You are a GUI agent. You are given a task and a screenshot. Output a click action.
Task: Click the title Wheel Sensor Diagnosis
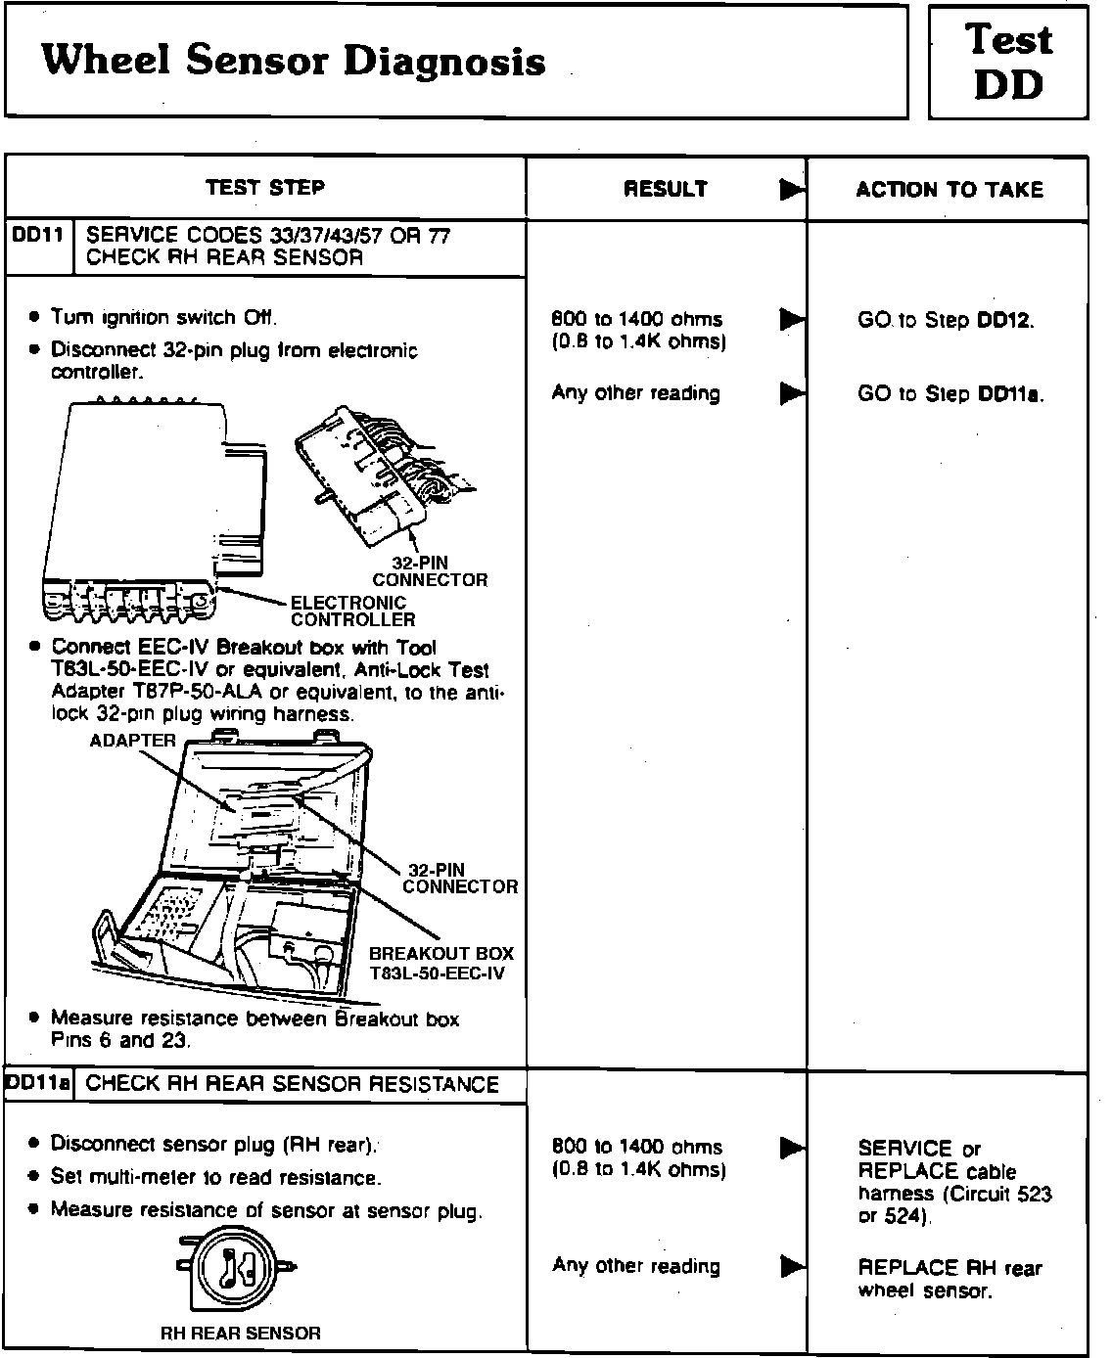(293, 61)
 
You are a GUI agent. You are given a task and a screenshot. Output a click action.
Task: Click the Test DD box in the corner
(1008, 62)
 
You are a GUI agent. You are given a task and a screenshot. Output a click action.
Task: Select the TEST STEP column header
(265, 187)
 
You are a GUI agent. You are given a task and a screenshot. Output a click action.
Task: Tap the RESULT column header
(666, 189)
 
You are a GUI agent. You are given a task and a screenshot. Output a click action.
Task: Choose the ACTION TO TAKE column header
(950, 189)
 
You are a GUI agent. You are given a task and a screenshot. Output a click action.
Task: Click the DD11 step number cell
(39, 236)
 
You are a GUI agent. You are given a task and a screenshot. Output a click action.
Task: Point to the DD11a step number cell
(39, 1084)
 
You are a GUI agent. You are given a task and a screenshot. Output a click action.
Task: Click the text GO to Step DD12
(946, 320)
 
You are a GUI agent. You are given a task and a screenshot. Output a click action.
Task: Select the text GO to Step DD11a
(950, 394)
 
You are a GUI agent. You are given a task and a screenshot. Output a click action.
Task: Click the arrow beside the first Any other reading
(792, 393)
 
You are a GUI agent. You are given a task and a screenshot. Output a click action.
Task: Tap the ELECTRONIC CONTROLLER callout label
(352, 611)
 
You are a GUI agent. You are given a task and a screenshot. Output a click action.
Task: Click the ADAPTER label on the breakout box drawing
(132, 741)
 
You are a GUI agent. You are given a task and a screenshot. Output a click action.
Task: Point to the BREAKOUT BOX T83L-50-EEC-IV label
(440, 963)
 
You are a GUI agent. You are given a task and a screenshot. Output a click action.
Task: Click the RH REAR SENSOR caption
(240, 1333)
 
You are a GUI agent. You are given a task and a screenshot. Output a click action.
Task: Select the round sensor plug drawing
(235, 1269)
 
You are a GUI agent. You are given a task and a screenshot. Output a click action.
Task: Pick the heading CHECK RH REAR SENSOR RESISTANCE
(293, 1084)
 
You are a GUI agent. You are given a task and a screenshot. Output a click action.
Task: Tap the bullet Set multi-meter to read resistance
(215, 1177)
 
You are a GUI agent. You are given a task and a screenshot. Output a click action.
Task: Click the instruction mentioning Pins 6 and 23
(255, 1029)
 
